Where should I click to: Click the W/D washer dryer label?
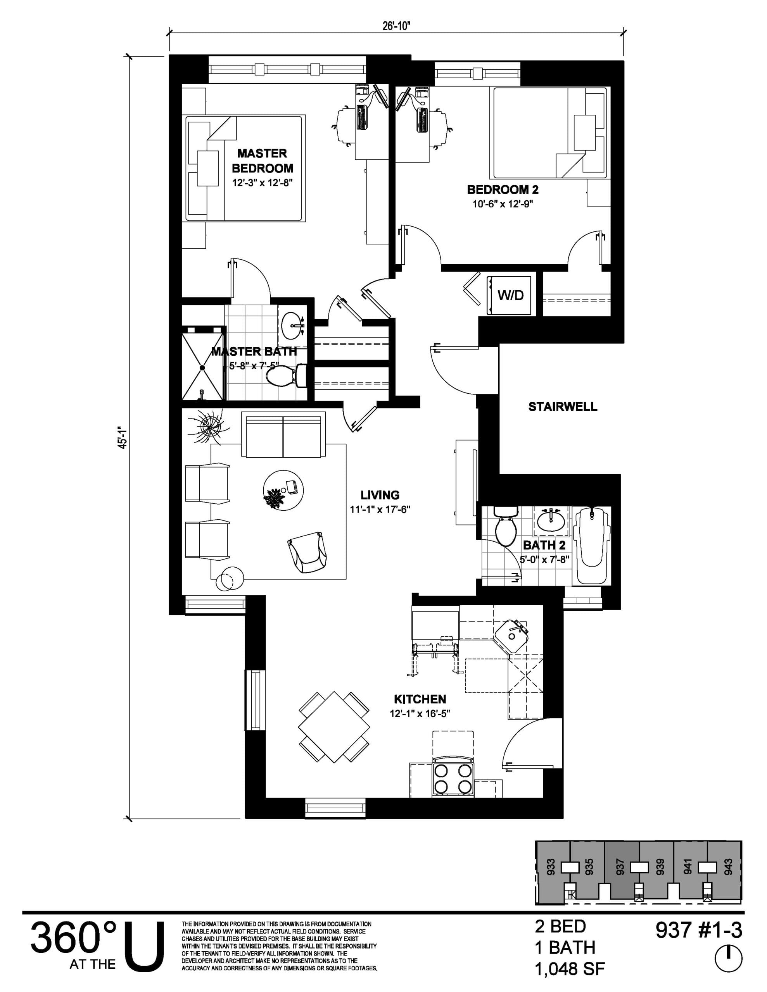tap(510, 295)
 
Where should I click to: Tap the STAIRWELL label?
tap(562, 406)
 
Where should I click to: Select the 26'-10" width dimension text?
tap(396, 26)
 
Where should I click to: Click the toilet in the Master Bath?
tap(285, 376)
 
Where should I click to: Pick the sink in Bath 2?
tap(551, 519)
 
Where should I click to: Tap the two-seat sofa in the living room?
tap(283, 435)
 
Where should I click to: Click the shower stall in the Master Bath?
tap(203, 363)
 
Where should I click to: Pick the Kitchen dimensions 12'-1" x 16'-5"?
tap(420, 713)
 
